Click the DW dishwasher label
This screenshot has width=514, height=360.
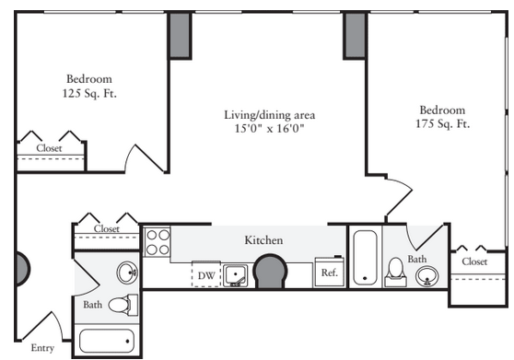click(x=206, y=276)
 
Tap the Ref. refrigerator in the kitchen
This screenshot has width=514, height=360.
click(x=330, y=272)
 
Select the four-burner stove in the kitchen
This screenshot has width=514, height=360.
click(x=158, y=242)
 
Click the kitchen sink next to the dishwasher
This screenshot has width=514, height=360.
click(x=235, y=275)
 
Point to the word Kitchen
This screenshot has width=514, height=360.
click(x=263, y=240)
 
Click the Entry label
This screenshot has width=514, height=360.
click(x=42, y=348)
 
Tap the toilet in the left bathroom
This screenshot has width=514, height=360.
click(x=123, y=305)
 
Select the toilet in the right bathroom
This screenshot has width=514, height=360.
click(x=396, y=273)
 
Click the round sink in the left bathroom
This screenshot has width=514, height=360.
click(x=127, y=273)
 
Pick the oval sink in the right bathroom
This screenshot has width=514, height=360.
click(x=426, y=276)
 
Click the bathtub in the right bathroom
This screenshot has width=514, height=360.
click(x=365, y=258)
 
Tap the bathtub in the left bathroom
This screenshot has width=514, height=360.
click(x=107, y=341)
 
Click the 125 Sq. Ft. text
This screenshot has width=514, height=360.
click(x=89, y=94)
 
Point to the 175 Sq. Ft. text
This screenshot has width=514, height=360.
click(x=442, y=123)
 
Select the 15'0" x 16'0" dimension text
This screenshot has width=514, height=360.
click(x=270, y=128)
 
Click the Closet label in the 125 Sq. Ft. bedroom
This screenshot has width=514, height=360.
click(x=49, y=148)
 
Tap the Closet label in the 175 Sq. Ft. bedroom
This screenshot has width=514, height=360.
click(x=474, y=261)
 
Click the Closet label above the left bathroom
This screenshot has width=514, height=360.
click(x=107, y=228)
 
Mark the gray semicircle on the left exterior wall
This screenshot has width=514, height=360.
click(x=23, y=269)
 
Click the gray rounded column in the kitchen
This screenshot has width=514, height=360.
click(x=270, y=272)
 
